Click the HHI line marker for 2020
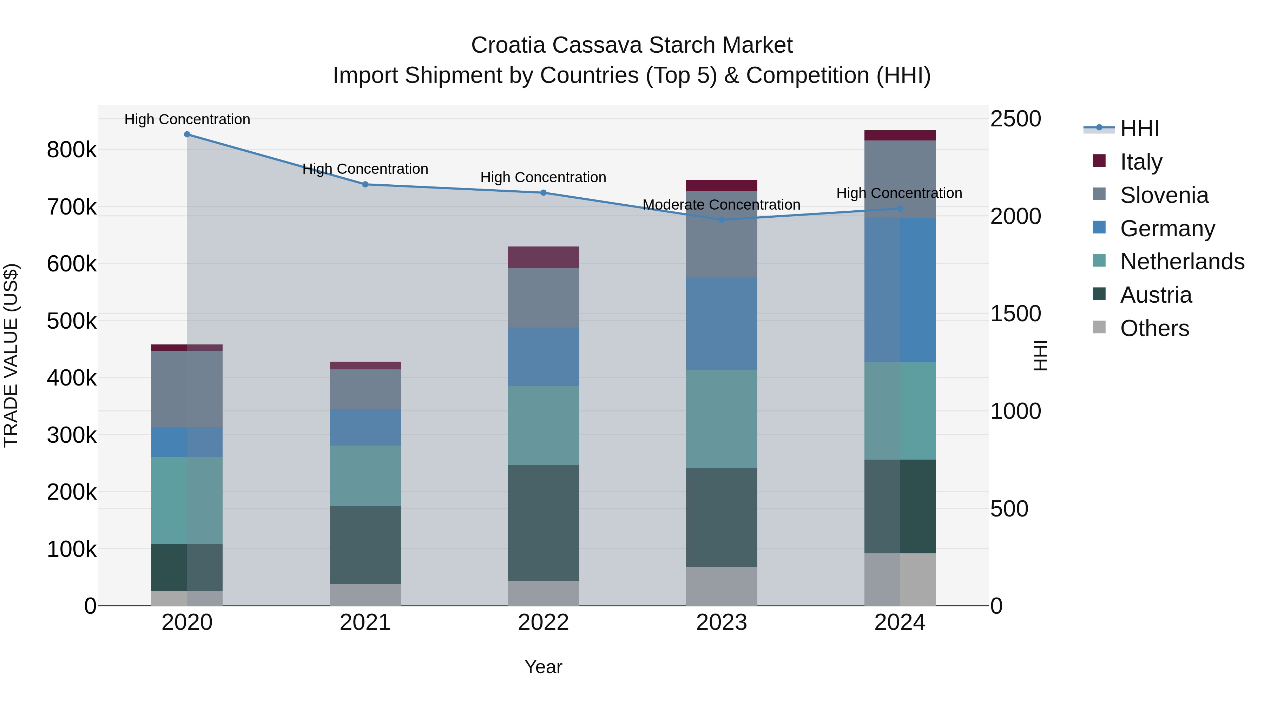187,134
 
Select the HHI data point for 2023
721,220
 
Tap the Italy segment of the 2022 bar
543,257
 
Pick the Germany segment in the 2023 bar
721,324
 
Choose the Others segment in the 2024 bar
900,579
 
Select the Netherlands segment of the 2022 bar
543,426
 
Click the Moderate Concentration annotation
721,205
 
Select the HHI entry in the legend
1139,129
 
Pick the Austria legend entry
1156,295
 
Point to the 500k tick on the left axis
72,321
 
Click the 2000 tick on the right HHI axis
1015,216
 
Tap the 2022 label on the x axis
543,623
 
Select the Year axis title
543,667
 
